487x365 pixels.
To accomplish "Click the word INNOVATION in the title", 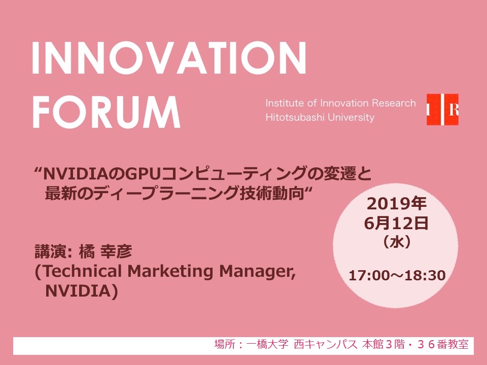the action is [x=169, y=58].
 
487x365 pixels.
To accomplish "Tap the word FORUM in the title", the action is [x=107, y=112].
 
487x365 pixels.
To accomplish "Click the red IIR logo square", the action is [x=442, y=109].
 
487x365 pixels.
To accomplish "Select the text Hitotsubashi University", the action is [x=320, y=117].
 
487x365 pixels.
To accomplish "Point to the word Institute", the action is [x=284, y=103].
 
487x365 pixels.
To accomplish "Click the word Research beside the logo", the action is [x=394, y=103].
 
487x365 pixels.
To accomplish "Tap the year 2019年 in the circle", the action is [x=397, y=204].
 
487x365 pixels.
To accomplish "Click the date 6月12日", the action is [x=396, y=224].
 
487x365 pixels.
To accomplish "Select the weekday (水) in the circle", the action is [x=397, y=242].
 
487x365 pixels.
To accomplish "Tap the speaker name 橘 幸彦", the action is [x=106, y=251].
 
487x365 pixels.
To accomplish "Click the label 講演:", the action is [x=53, y=251].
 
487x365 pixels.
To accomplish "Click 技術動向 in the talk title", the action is [x=271, y=194].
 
